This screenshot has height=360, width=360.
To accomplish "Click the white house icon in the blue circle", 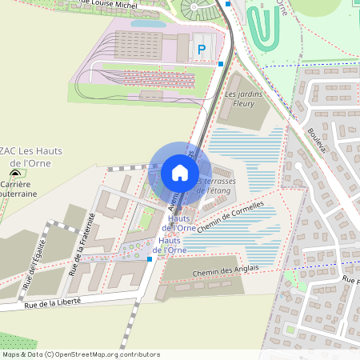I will pos(180,173).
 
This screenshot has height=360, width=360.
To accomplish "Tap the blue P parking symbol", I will pos(202,50).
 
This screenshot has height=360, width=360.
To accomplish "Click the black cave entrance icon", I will pos(14,173).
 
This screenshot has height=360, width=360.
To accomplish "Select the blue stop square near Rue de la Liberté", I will pos(150,259).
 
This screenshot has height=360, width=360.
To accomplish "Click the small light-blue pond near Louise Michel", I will pos(149,24).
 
